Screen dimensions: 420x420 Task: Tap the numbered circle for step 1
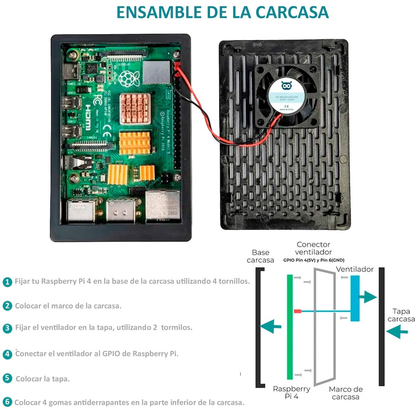[x=7, y=282]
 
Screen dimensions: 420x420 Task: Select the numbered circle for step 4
[x=7, y=354]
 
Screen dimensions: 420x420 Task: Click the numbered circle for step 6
[x=7, y=402]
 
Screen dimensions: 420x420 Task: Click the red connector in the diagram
[x=298, y=311]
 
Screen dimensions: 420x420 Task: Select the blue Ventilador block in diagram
[x=355, y=298]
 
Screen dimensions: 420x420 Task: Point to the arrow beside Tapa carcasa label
[x=397, y=333]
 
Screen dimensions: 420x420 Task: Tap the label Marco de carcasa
[x=346, y=393]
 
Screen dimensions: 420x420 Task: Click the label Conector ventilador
[x=313, y=248]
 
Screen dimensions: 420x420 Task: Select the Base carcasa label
[x=260, y=256]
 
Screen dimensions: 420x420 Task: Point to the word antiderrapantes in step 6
[x=102, y=402]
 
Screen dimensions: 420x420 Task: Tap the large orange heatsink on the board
[x=135, y=143]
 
